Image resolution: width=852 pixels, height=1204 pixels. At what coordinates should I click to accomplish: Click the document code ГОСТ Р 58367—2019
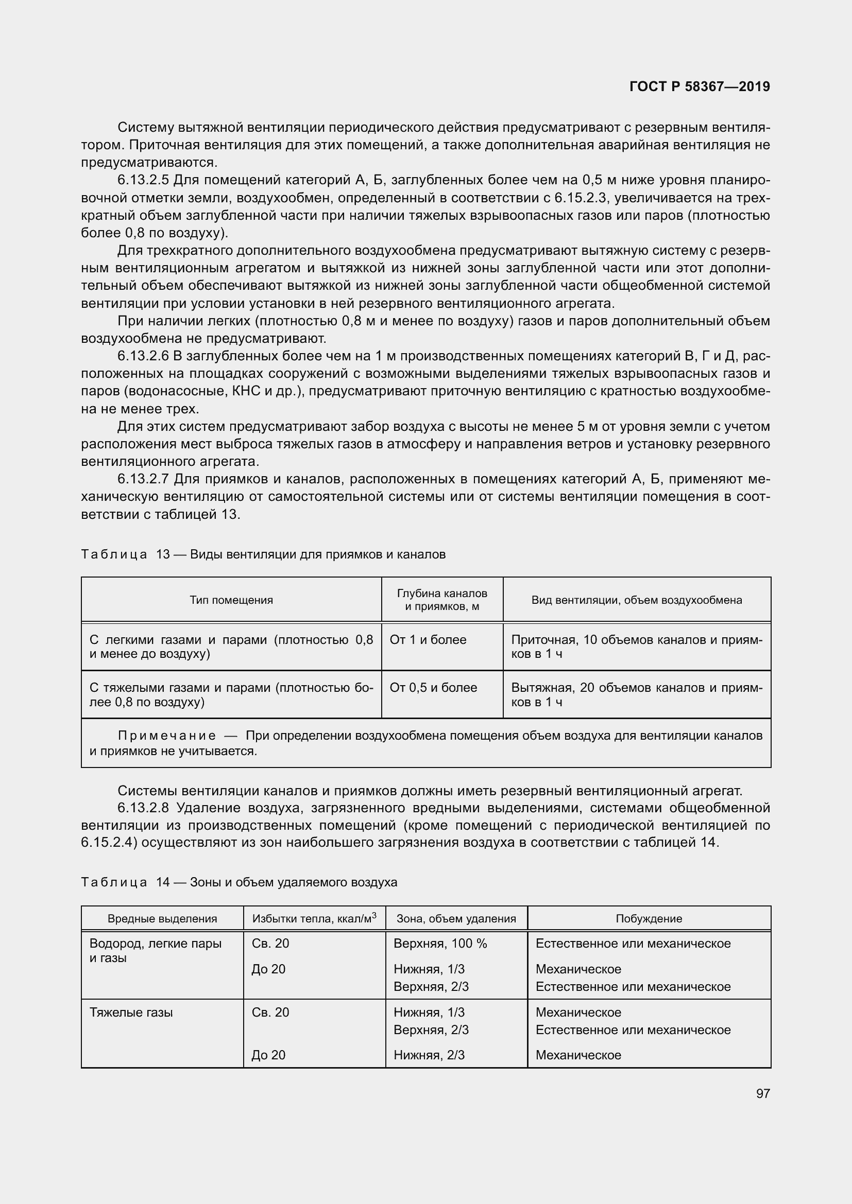700,86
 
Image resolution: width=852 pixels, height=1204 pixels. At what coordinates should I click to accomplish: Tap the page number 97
763,1093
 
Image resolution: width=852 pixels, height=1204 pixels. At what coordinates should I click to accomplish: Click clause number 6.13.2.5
143,180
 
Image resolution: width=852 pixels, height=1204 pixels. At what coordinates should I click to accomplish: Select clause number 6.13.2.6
143,356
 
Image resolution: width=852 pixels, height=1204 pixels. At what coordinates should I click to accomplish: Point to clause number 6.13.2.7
143,479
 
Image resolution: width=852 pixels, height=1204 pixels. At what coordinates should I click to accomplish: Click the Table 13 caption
263,554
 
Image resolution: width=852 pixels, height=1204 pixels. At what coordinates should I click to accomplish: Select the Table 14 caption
238,882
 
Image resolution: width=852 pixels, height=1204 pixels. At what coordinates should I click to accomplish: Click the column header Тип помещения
231,600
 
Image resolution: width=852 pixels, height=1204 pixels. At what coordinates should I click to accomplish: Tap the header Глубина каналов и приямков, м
442,600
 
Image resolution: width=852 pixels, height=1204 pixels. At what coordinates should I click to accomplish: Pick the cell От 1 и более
428,640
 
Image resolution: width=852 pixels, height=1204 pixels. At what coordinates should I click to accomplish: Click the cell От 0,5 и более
433,688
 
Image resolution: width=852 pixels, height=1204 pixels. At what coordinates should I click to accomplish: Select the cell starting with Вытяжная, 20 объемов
636,694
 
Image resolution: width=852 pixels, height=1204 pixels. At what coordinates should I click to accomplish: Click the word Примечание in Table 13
167,736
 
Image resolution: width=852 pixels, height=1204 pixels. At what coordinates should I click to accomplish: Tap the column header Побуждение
649,919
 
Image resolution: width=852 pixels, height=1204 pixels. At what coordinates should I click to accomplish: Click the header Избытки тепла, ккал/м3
314,919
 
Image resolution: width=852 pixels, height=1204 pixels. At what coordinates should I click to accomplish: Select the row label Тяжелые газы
131,1012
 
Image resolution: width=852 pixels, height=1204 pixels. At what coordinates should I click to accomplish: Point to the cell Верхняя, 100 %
439,944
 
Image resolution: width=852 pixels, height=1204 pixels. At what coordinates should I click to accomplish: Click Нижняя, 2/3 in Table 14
429,1055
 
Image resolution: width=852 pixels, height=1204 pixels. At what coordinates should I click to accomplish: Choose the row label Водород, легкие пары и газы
155,950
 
